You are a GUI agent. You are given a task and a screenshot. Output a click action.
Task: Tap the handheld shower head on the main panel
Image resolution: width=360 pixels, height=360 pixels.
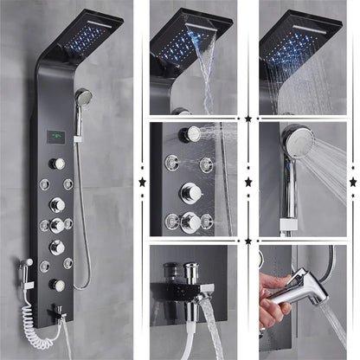click(83, 99)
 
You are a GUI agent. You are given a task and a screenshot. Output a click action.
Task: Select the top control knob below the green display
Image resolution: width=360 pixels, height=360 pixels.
click(57, 164)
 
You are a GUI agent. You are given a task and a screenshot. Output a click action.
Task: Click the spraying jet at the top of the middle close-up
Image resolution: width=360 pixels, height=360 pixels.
click(190, 133)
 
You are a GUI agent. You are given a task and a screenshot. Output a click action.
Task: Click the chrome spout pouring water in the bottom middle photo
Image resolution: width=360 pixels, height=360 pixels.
click(204, 298)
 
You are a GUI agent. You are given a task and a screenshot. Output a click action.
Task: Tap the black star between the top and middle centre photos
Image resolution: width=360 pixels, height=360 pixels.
click(249, 117)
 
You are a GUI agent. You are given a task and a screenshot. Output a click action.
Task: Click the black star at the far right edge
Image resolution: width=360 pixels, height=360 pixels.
click(352, 182)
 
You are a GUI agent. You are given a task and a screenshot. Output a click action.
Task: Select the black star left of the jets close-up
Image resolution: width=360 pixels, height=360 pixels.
click(142, 182)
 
